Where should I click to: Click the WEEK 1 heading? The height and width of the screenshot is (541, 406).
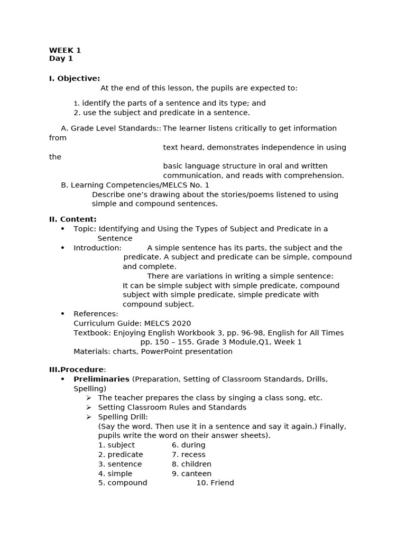(x=65, y=51)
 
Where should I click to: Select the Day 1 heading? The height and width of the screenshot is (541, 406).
(x=61, y=59)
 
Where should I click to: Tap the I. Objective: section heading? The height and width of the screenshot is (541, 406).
(x=75, y=79)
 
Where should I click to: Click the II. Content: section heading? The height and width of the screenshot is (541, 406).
(x=73, y=219)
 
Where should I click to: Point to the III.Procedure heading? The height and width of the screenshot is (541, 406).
(x=77, y=370)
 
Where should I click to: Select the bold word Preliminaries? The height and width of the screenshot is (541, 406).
(x=101, y=379)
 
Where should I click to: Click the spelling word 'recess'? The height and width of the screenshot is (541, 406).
(x=193, y=455)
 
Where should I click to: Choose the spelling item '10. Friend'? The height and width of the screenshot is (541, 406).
(x=215, y=483)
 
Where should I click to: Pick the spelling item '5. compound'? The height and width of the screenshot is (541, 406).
(x=123, y=483)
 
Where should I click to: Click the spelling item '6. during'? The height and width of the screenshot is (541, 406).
(x=189, y=445)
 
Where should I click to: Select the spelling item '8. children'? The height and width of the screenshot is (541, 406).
(x=191, y=464)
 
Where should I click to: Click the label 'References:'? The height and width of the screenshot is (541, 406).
(x=96, y=314)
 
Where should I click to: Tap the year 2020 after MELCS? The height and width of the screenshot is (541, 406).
(x=181, y=323)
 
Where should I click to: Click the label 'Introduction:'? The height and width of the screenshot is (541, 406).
(x=97, y=248)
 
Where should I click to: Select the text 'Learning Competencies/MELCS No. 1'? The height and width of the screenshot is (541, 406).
(x=140, y=185)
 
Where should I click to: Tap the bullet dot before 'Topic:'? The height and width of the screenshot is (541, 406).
(x=62, y=229)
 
